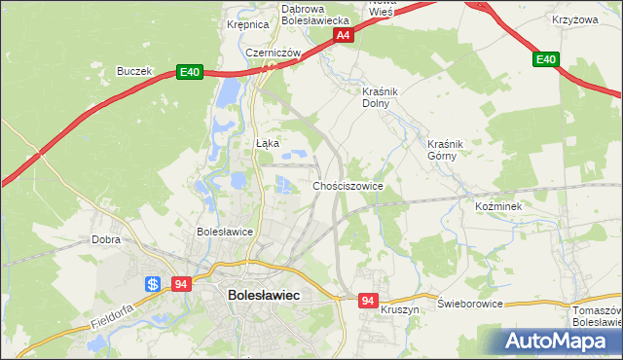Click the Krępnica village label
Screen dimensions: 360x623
click(x=247, y=25)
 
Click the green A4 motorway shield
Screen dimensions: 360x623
click(x=343, y=35)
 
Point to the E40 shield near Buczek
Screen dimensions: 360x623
click(x=189, y=72)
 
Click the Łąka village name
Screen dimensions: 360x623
click(x=268, y=143)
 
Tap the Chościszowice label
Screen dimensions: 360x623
click(x=348, y=185)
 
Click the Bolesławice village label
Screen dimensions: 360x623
click(x=225, y=232)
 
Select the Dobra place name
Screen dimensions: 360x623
click(x=105, y=238)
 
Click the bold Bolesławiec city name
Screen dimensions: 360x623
click(x=263, y=294)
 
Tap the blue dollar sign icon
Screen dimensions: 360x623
click(x=154, y=284)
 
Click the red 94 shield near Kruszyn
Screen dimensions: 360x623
click(x=367, y=302)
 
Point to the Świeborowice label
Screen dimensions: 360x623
click(x=470, y=304)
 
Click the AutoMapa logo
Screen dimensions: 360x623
click(x=558, y=341)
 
